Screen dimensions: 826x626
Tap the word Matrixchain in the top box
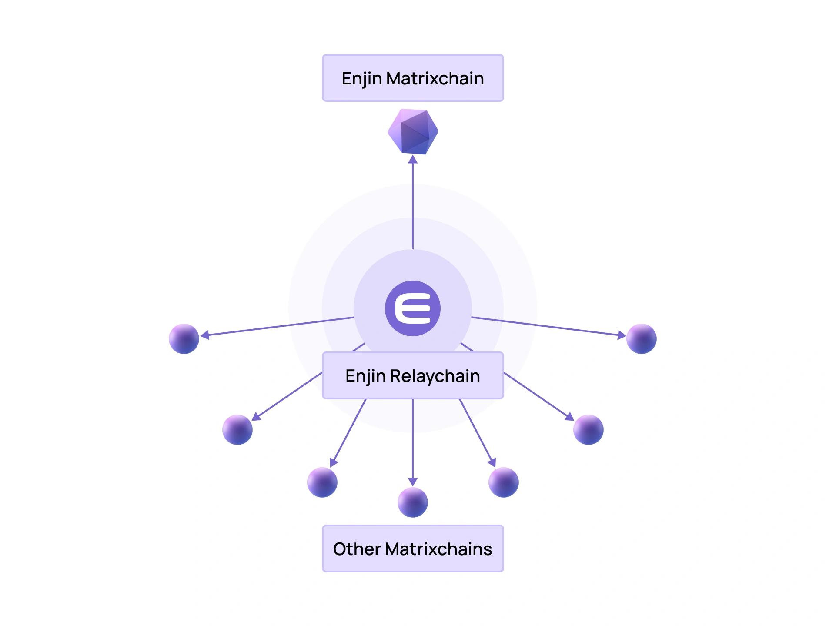coord(435,78)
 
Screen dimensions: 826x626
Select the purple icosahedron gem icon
coord(413,131)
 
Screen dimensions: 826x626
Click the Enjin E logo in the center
coord(413,308)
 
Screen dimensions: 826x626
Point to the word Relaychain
coord(435,376)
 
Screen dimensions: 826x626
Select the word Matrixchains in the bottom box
coord(438,549)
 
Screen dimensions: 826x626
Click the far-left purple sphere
coord(184,338)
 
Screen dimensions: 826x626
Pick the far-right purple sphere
coord(642,338)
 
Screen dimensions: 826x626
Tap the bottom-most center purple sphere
coord(413,502)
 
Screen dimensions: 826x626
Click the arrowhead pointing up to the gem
coord(413,159)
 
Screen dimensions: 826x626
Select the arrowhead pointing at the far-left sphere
coord(205,335)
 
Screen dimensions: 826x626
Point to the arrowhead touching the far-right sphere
coord(622,335)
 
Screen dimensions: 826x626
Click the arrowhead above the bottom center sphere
coord(413,482)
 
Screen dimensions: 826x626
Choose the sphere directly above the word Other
coord(322,482)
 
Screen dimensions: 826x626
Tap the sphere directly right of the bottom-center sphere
coord(504,482)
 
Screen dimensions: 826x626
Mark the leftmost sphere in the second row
coord(237,429)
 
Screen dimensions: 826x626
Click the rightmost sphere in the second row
coord(589,429)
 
